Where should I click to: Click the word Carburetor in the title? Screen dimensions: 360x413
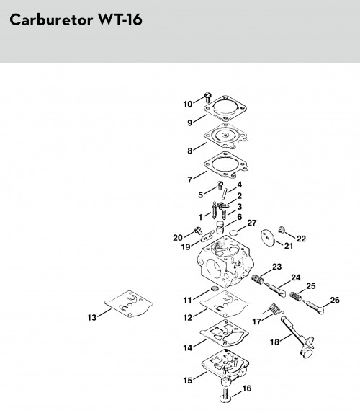51,19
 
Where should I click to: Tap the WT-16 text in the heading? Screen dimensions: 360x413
120,19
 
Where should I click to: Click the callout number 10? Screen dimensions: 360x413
188,105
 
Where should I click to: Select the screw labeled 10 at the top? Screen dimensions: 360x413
208,97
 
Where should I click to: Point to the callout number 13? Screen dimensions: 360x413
92,318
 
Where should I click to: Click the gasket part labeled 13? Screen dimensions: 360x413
129,303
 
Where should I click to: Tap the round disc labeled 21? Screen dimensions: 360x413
268,238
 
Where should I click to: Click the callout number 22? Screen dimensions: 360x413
301,239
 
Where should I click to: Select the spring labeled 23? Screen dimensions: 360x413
258,279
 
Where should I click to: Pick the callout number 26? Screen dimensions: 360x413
335,300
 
